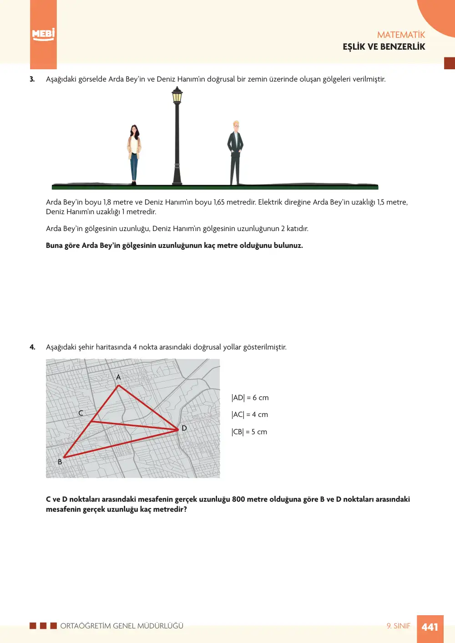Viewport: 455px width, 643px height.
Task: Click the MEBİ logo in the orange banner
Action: [43, 35]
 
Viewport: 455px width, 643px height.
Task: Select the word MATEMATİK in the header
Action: [401, 35]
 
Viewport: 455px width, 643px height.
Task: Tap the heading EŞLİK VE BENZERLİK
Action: [384, 47]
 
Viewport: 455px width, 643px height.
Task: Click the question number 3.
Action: [32, 79]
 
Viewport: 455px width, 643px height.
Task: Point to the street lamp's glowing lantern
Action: [177, 96]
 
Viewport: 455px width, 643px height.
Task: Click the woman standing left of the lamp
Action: [134, 154]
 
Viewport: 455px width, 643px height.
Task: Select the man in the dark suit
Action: [235, 152]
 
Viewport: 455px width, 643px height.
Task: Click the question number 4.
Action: [32, 347]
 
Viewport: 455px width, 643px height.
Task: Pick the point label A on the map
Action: [118, 377]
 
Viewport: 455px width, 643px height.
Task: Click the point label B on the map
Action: [60, 462]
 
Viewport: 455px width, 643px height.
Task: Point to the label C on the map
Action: [81, 413]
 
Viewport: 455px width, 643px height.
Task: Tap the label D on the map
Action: [184, 428]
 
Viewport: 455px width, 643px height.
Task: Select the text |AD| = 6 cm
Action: [250, 397]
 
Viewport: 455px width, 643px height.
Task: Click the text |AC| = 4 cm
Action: [249, 415]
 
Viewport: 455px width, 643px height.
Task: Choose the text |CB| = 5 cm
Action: [249, 432]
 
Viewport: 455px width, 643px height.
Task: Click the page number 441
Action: [430, 627]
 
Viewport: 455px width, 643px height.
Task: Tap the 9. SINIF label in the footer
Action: [399, 626]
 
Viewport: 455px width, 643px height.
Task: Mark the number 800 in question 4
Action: [238, 499]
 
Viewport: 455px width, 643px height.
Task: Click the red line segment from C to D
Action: [135, 426]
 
